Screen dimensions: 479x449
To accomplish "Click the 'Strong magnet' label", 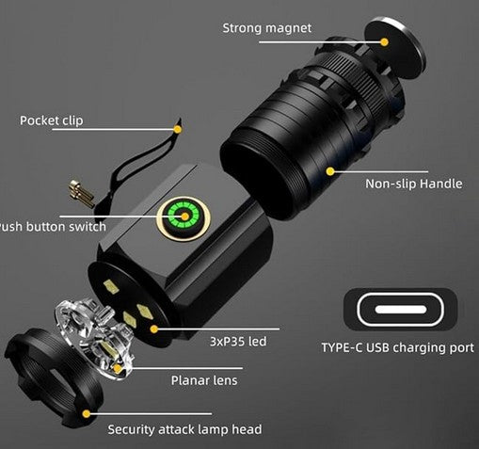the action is coord(267,28).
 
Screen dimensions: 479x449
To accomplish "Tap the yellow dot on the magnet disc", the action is coord(384,42).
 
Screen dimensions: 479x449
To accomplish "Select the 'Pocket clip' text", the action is coord(52,120).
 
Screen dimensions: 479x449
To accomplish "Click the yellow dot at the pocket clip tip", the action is coord(178,129).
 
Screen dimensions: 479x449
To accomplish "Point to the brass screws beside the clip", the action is coord(81,194).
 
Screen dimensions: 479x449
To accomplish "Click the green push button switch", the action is coord(184,216).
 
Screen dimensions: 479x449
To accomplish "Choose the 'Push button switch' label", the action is coord(53,227).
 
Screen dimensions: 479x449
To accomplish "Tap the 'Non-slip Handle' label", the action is coord(414,184).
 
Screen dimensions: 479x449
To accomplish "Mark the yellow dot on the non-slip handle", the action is coord(330,171).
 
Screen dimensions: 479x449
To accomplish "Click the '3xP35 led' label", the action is coord(238,342).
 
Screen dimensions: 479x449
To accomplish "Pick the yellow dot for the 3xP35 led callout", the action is coord(154,329).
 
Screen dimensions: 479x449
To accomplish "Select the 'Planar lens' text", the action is coord(204,380).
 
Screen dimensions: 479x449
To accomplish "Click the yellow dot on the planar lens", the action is coord(118,369).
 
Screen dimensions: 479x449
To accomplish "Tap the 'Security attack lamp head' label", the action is coord(184,429).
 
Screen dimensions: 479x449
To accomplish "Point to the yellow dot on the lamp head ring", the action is coord(87,414).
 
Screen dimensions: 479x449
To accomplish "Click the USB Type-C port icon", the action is coord(400,310).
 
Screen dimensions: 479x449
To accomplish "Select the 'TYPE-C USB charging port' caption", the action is coord(398,347).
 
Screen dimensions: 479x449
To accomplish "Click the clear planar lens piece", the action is coord(94,340).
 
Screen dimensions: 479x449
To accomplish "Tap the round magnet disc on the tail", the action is coord(394,48).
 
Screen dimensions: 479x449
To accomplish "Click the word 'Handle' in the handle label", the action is coord(441,184).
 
